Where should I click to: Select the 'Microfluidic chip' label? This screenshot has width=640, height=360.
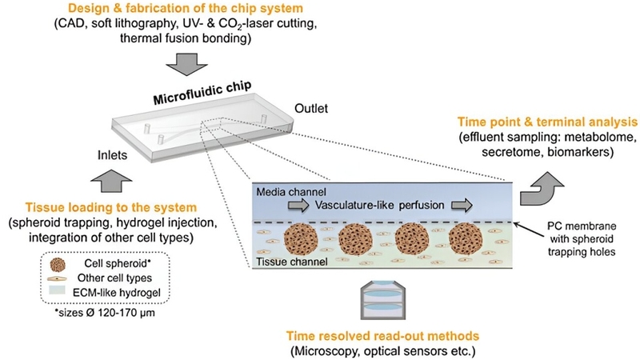click(193, 101)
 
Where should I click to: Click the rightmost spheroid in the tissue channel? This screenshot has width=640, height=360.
click(466, 241)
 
